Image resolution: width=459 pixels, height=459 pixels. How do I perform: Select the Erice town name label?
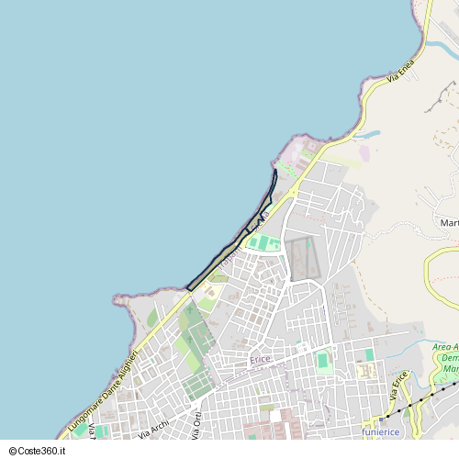pyautogui.click(x=260, y=360)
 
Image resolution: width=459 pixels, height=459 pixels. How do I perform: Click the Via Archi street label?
pyautogui.click(x=153, y=428)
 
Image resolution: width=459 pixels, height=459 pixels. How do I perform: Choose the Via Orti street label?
pyautogui.click(x=196, y=423)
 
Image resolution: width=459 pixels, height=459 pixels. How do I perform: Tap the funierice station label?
pyautogui.click(x=380, y=431)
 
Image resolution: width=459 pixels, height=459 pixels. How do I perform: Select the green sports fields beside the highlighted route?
pyautogui.click(x=264, y=242)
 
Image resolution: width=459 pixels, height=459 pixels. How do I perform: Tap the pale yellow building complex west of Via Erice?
pyautogui.click(x=366, y=371)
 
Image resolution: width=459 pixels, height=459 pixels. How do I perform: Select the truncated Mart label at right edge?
pyautogui.click(x=449, y=223)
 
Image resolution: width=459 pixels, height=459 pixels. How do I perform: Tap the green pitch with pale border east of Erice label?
pyautogui.click(x=322, y=361)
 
